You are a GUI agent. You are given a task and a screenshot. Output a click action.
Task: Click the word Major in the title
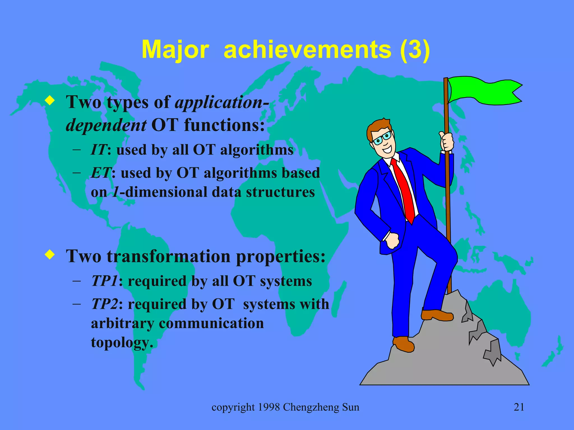click(x=175, y=50)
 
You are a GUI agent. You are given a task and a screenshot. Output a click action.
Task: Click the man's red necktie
click(x=404, y=190)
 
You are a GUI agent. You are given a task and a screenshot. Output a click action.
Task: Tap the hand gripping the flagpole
click(x=447, y=142)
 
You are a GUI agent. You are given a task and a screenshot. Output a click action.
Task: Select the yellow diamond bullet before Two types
click(x=50, y=101)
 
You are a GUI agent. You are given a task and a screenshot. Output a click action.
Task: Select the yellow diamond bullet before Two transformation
click(x=50, y=254)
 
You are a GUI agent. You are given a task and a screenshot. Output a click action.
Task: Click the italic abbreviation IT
click(x=98, y=149)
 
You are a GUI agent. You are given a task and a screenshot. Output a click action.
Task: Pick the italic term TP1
click(x=104, y=281)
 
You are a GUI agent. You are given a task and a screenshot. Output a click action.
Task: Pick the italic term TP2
click(x=104, y=304)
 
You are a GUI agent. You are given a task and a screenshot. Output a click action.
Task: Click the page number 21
click(x=519, y=407)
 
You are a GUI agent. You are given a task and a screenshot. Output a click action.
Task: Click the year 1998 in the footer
click(x=269, y=407)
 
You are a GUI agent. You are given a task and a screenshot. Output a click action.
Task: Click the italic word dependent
click(x=106, y=125)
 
